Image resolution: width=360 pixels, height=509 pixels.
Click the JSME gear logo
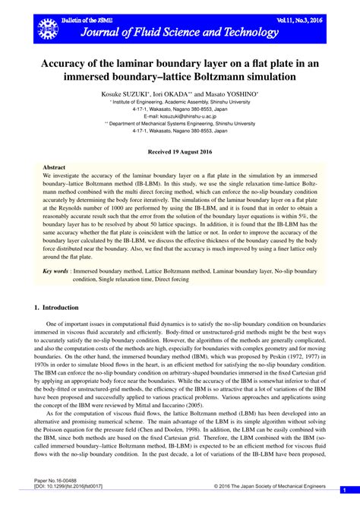coord(46,29)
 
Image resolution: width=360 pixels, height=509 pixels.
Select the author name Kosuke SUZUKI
coord(131,93)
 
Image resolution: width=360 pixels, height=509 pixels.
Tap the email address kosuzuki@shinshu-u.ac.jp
coord(179,115)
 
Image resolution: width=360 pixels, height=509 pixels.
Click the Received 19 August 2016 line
coord(179,152)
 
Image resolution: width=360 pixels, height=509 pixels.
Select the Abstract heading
coord(54,166)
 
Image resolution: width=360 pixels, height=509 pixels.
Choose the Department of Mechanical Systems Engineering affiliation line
coord(179,122)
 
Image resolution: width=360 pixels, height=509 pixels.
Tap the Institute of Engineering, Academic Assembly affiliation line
coord(179,100)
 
